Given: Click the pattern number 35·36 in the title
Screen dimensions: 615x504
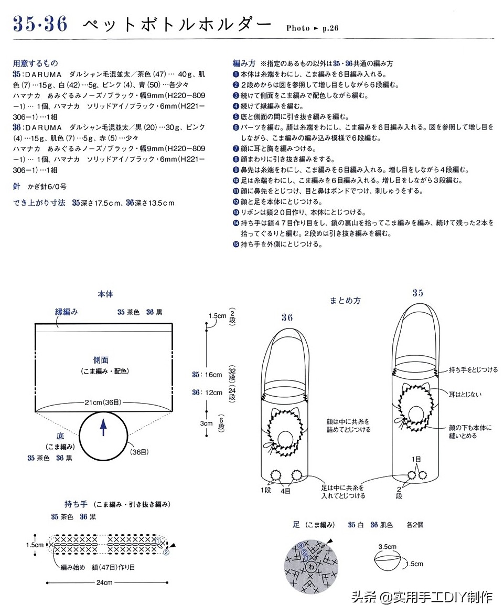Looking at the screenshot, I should [40, 24].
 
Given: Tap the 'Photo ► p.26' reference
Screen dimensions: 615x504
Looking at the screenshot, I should [312, 28].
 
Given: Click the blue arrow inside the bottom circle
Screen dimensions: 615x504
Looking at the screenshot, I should [103, 427].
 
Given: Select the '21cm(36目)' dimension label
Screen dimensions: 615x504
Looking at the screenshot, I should [103, 402].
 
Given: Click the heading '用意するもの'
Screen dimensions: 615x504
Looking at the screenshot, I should [35, 63].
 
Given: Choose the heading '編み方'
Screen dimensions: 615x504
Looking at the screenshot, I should [244, 63].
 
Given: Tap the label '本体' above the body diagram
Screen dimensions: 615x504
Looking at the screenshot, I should [105, 294].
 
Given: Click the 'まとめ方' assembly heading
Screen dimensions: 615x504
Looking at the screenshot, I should [345, 301].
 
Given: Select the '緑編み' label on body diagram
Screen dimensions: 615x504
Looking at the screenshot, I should [67, 312].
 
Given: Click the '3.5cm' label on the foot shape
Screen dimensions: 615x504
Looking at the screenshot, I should [387, 546].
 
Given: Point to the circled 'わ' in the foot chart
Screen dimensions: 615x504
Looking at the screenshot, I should [312, 567].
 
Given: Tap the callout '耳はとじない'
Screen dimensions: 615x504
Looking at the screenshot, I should [465, 394].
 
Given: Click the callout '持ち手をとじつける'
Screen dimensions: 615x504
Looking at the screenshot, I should [473, 370].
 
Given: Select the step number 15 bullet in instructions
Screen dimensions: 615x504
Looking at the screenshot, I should [236, 244].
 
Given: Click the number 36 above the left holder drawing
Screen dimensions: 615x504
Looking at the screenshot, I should [287, 317].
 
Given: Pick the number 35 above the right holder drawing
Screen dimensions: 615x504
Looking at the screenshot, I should [417, 293].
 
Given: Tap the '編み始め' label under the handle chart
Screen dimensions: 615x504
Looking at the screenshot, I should [72, 567].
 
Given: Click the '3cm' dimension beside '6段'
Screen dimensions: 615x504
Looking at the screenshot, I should [206, 423].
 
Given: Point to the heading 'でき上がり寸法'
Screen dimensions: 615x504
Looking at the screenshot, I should [39, 203].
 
